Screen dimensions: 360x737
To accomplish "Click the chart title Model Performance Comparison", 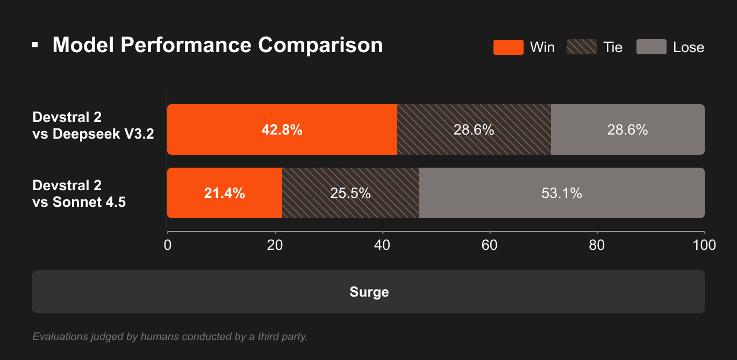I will coord(218,45).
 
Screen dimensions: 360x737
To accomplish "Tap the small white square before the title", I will coord(35,45).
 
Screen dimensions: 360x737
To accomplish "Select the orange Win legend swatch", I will coord(508,47).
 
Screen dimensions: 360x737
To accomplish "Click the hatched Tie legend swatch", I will coord(581,47).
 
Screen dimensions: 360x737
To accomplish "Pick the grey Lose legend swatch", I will coord(651,47).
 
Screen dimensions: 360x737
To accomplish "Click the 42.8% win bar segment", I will coord(282,130).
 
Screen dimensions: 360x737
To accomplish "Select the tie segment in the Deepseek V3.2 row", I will coord(474,130).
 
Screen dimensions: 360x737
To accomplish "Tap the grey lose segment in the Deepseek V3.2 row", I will coord(627,130).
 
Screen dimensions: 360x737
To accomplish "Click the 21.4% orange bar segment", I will coord(225,193).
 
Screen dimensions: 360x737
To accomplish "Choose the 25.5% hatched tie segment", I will coord(350,193).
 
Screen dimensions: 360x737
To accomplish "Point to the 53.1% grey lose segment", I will coord(562,193).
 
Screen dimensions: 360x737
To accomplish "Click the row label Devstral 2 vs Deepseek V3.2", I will coord(93,126).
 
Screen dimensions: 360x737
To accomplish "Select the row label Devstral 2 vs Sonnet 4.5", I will coord(79,194).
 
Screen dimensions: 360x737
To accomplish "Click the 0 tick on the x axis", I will coord(168,245).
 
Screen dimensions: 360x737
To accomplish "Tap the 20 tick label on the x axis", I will coord(275,245).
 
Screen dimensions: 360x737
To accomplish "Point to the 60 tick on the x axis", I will coord(490,245).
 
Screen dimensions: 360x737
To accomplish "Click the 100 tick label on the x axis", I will coord(704,245).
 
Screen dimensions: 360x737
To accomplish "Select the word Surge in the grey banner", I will coord(369,292).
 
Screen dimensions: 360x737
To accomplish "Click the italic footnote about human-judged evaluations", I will coord(170,337).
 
